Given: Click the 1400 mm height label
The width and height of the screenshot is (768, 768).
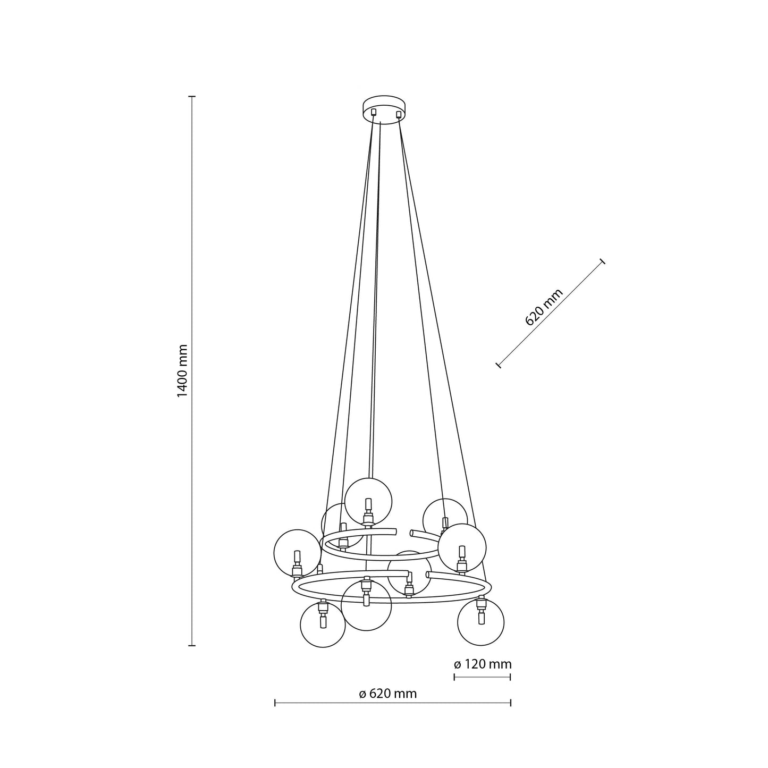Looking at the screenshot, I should click(182, 371).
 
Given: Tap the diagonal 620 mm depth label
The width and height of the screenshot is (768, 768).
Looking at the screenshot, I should click(543, 308).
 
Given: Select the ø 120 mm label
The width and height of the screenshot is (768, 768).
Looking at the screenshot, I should click(483, 664).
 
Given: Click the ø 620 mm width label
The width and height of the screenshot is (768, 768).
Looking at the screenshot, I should click(387, 694).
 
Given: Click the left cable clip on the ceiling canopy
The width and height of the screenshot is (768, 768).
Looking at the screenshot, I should click(374, 112).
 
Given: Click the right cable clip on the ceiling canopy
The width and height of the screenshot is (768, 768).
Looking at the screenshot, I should click(399, 113).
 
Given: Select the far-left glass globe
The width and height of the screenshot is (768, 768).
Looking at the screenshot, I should click(297, 553).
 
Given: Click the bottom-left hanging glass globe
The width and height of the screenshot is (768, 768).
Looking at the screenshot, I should click(323, 624).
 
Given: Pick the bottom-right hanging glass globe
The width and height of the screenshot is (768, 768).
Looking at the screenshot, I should click(480, 622).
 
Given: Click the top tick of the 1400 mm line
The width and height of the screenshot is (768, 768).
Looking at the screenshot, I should click(192, 97).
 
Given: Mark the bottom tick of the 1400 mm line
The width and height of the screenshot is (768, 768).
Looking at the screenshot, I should click(192, 645).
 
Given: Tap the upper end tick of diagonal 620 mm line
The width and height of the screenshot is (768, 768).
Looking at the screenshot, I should click(602, 261).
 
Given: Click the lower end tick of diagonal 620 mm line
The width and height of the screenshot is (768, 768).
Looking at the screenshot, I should click(498, 365).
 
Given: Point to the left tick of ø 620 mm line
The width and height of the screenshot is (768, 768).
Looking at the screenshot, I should click(275, 703).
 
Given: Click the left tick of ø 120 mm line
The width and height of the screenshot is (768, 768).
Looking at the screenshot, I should click(454, 677).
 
